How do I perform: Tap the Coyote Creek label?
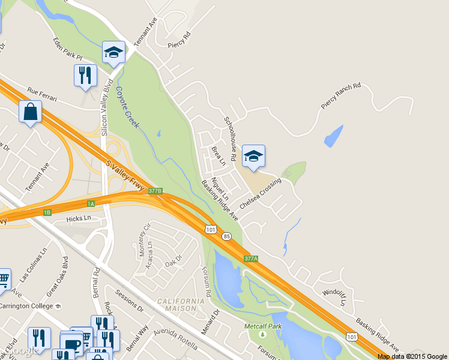point(127,107)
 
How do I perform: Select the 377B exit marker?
point(155,191)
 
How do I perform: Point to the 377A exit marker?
point(251,259)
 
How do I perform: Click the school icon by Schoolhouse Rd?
point(253,157)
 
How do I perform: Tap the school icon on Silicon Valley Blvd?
point(113,52)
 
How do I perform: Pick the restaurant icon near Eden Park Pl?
point(85,76)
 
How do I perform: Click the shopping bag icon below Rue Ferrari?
point(31,112)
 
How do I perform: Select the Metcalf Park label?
point(263,326)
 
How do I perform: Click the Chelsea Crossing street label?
point(261,194)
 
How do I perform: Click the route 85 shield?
point(225,236)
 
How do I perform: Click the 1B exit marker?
point(47,212)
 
